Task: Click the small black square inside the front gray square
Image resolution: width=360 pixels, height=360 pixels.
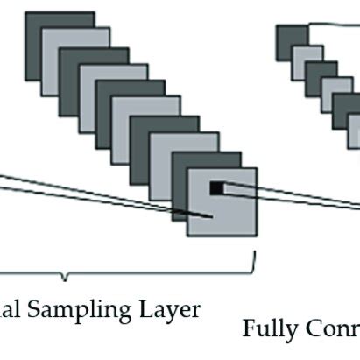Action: pos(216,187)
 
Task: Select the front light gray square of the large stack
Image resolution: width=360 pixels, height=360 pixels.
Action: pos(229,215)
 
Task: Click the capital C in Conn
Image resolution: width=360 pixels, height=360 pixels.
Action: pos(311,328)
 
